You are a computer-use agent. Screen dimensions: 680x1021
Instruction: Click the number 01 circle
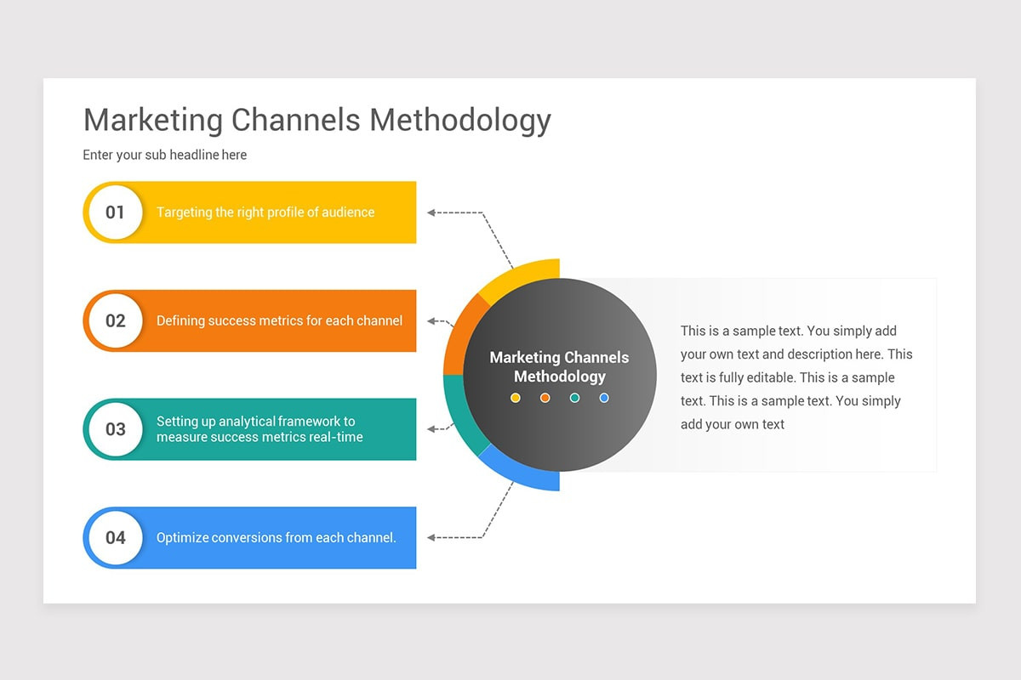click(115, 212)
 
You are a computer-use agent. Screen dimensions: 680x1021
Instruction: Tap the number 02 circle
click(115, 321)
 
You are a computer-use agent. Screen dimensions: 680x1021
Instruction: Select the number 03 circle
click(115, 429)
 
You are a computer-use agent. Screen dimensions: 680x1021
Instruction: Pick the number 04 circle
click(115, 538)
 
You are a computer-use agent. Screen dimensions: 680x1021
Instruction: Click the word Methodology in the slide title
click(460, 121)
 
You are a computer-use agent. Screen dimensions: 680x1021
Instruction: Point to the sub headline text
click(165, 155)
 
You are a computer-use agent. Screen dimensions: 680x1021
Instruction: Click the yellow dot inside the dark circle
click(516, 398)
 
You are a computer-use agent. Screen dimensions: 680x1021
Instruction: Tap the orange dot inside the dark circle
click(545, 398)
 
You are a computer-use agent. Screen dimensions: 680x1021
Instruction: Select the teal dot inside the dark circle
click(574, 398)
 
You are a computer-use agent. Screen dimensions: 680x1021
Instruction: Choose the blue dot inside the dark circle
click(604, 398)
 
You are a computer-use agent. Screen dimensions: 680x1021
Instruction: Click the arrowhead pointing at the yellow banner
click(431, 212)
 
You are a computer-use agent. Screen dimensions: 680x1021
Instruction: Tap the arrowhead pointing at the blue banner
click(431, 537)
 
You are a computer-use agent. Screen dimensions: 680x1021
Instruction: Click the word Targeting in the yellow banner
click(184, 212)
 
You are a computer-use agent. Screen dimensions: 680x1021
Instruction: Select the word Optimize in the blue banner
click(182, 538)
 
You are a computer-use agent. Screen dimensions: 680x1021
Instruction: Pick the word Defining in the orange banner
click(180, 321)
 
